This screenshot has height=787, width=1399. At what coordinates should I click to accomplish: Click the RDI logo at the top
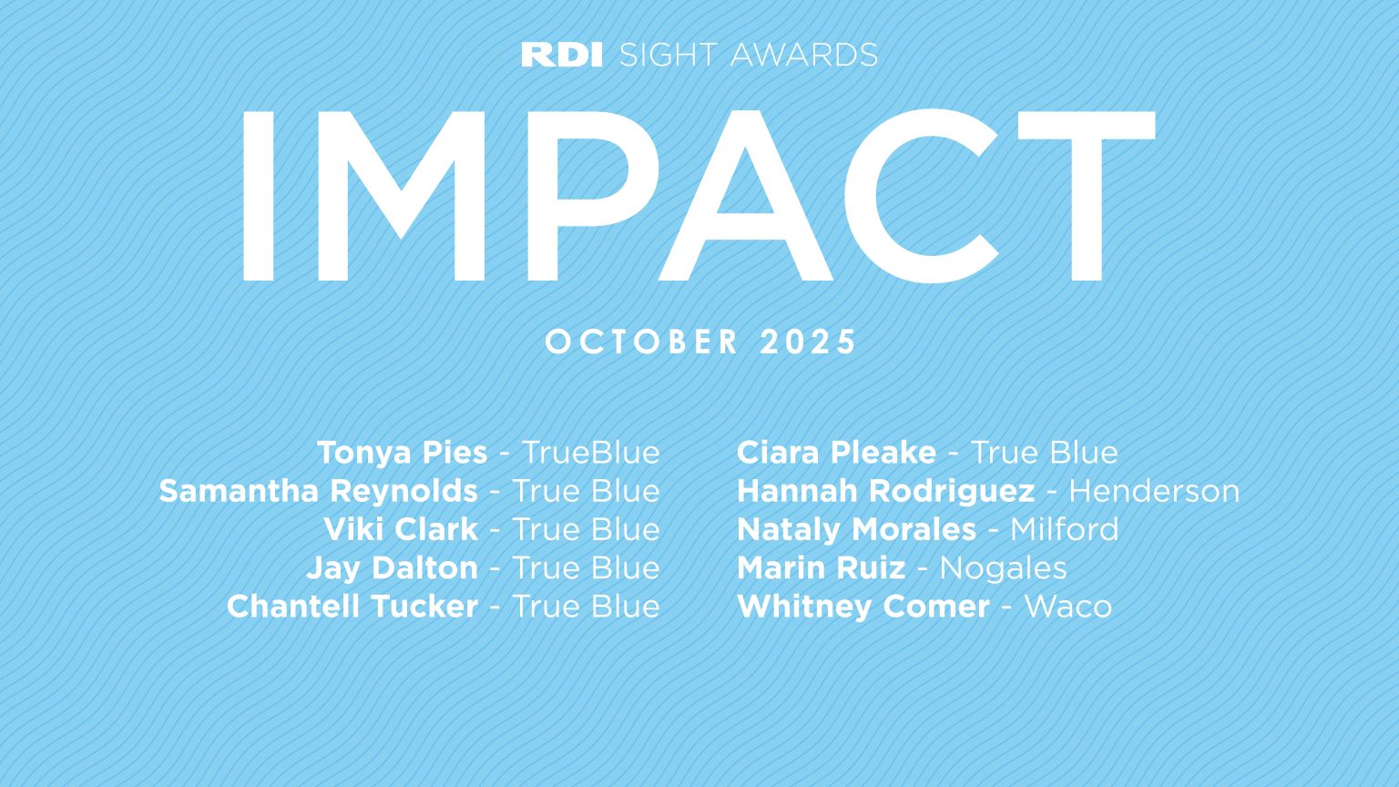pos(562,55)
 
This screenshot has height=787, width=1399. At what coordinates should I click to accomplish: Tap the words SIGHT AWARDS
pos(748,55)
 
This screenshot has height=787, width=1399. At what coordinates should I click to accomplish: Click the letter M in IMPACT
pos(402,196)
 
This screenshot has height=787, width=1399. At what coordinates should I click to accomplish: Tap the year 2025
pos(809,342)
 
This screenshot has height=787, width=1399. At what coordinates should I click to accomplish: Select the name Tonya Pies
pos(402,453)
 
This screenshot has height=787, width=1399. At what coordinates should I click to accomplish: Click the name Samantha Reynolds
pos(318,491)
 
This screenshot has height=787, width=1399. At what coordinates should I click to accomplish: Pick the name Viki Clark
pos(401,529)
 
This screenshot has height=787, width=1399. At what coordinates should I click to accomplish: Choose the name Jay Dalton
pos(392,567)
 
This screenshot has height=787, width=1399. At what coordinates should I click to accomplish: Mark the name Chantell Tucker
pos(352,607)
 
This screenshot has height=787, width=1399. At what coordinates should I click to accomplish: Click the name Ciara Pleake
pos(836,453)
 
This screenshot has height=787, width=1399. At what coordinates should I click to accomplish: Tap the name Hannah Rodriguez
pos(885,491)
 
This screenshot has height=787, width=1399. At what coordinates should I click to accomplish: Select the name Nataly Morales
pos(856,529)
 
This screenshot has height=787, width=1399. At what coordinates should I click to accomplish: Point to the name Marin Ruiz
pos(821,567)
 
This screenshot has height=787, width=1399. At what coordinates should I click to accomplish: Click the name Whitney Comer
pos(863,607)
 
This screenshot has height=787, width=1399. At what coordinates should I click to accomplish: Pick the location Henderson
pos(1154,491)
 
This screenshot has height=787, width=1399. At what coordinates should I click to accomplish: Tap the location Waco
pos(1067,607)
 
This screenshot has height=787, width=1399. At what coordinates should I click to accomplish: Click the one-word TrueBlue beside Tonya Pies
pos(590,453)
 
